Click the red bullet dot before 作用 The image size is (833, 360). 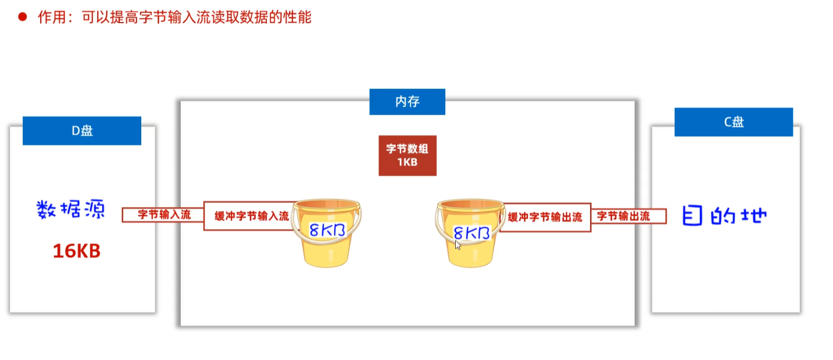(x=23, y=17)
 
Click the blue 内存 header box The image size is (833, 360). (x=407, y=102)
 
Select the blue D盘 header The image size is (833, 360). (x=82, y=130)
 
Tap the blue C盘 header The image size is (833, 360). (x=734, y=122)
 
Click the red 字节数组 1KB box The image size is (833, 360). (x=407, y=155)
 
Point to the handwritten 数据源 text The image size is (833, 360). (x=71, y=209)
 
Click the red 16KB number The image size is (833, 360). (x=77, y=251)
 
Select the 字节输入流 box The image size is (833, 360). (x=163, y=215)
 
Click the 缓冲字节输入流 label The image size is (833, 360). (x=251, y=216)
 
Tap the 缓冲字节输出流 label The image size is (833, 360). (x=545, y=217)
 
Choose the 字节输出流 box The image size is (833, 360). (x=628, y=216)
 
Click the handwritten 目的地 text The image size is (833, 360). (x=725, y=215)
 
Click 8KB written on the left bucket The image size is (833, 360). (x=327, y=230)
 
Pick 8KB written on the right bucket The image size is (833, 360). (x=471, y=233)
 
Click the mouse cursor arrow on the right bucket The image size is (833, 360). (x=458, y=245)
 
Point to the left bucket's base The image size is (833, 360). (x=327, y=262)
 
